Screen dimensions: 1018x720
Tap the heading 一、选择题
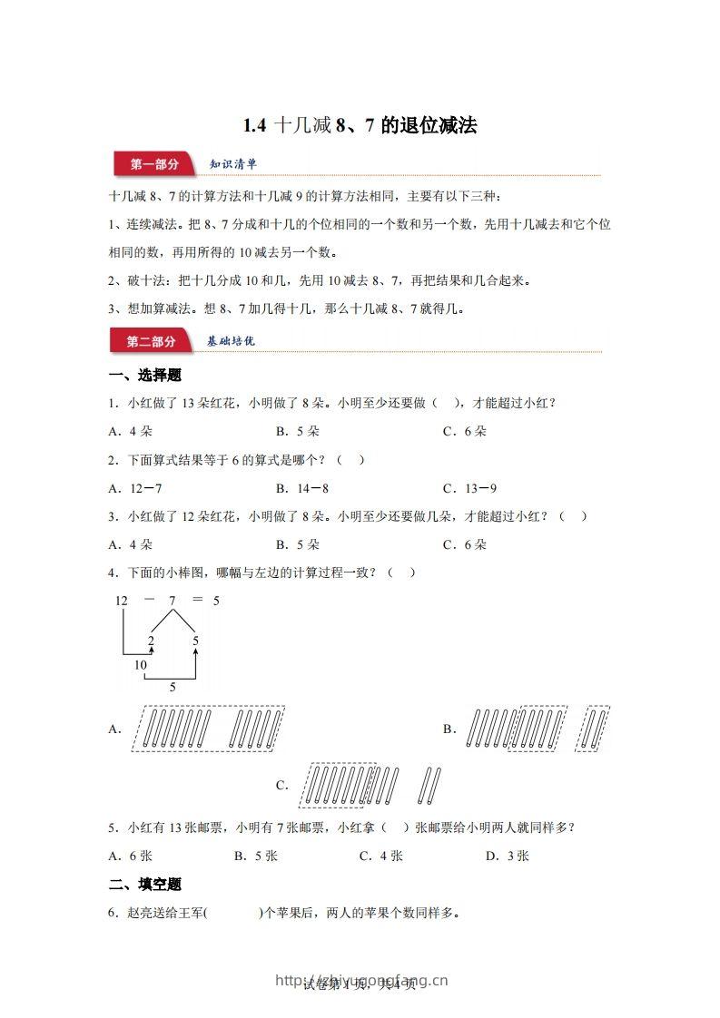(x=144, y=376)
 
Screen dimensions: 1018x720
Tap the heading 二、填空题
(x=144, y=884)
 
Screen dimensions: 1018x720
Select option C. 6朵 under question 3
(x=465, y=544)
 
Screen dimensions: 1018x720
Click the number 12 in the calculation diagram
(x=122, y=601)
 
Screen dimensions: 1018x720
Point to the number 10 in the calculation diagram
(x=141, y=665)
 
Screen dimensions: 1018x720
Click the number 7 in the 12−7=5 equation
(x=173, y=601)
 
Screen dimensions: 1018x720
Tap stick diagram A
(x=208, y=729)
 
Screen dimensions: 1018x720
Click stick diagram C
(x=368, y=785)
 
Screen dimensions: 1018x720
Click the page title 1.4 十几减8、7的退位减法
(x=360, y=126)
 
